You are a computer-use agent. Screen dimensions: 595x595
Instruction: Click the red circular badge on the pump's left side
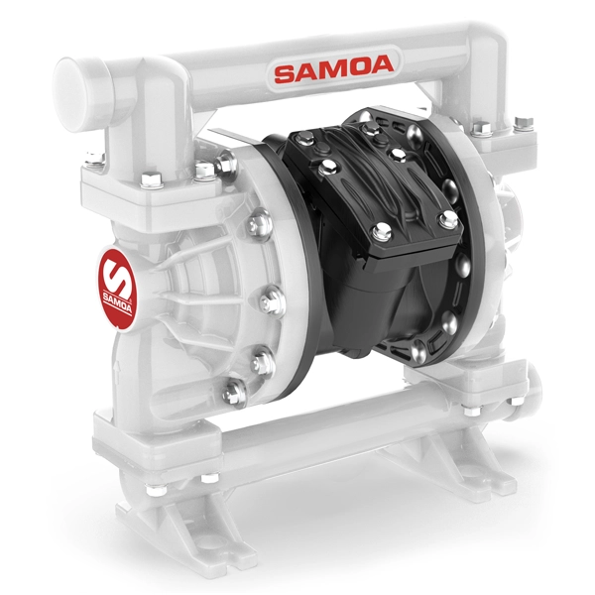116,290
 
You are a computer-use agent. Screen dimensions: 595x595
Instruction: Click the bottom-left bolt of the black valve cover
382,231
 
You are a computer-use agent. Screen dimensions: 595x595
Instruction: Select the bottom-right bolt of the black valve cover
448,219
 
